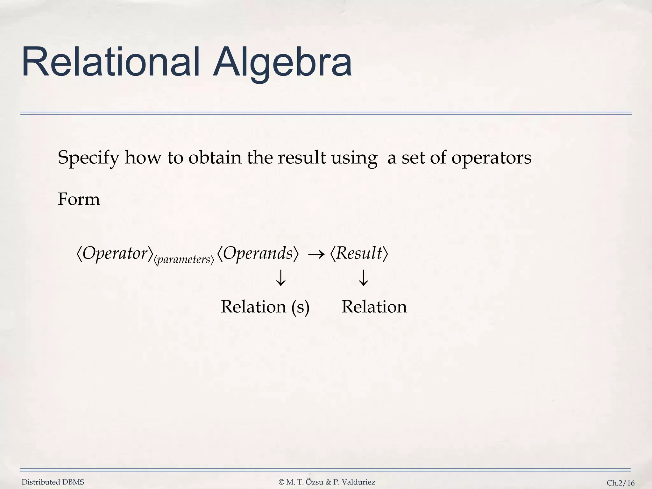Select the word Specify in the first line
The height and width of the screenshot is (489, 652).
pyautogui.click(x=88, y=158)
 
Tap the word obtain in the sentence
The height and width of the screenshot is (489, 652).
pyautogui.click(x=215, y=157)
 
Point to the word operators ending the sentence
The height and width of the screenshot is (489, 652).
pyautogui.click(x=491, y=158)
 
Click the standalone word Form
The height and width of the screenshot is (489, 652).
pyautogui.click(x=79, y=199)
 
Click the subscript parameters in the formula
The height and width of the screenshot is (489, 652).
pyautogui.click(x=184, y=259)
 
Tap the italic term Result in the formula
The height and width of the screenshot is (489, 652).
pyautogui.click(x=359, y=253)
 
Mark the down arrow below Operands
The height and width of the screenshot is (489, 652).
pyautogui.click(x=280, y=278)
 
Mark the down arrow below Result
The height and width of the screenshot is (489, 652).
pyautogui.click(x=363, y=278)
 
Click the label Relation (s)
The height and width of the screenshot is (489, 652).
pyautogui.click(x=265, y=307)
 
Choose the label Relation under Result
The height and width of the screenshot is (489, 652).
pyautogui.click(x=374, y=307)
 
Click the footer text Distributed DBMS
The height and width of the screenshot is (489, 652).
pyautogui.click(x=53, y=482)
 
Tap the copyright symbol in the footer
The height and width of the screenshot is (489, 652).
pyautogui.click(x=281, y=482)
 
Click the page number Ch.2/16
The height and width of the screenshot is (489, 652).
pyautogui.click(x=620, y=483)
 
